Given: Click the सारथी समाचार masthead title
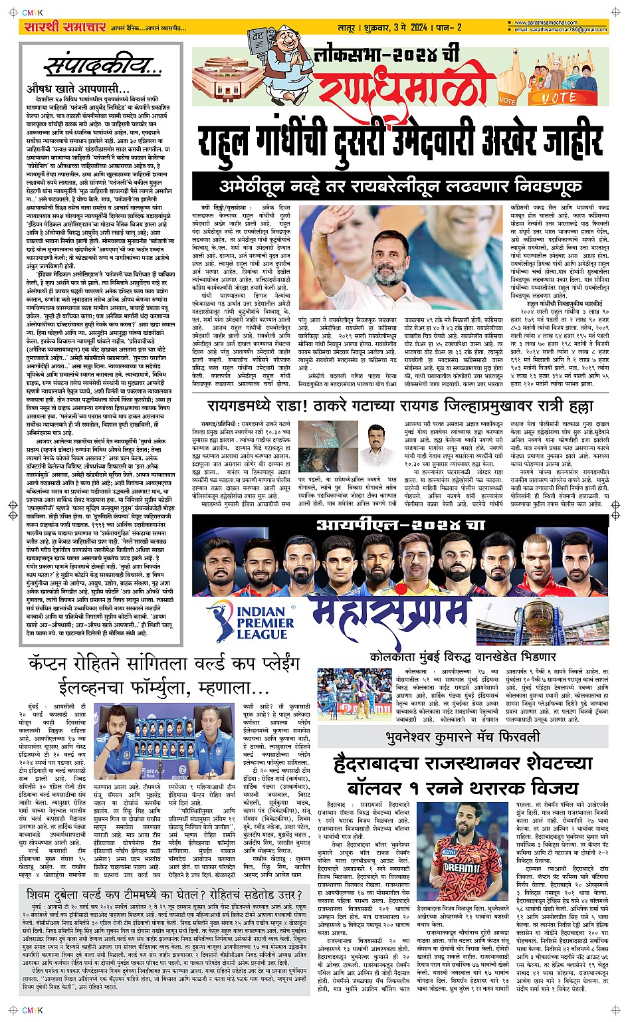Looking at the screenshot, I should [64, 27].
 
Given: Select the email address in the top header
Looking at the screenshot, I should [561, 30].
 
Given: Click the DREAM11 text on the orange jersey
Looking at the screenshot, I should [462, 867].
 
